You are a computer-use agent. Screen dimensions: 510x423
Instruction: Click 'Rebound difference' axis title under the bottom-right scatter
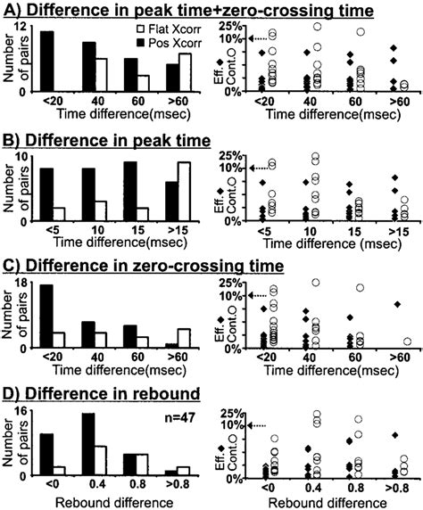tap(326, 500)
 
